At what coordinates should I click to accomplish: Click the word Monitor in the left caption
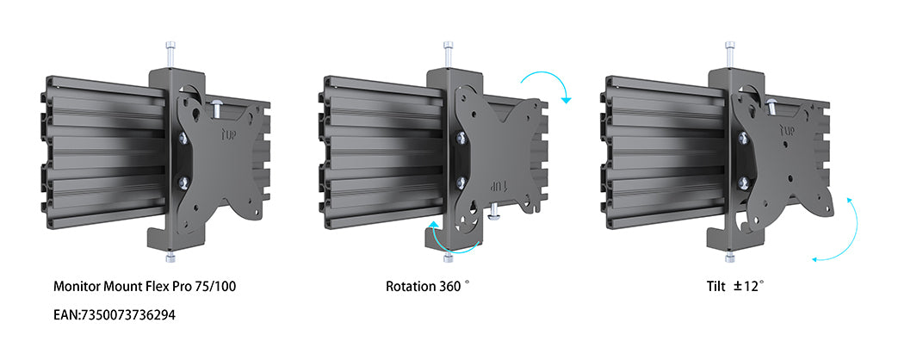pyautogui.click(x=72, y=286)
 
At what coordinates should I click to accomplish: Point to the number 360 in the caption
pyautogui.click(x=450, y=286)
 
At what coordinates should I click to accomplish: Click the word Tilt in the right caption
pyautogui.click(x=715, y=286)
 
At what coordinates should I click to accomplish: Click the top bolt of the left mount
pyautogui.click(x=170, y=55)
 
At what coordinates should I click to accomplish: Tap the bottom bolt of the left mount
pyautogui.click(x=170, y=256)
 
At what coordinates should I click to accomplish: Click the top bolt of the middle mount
pyautogui.click(x=448, y=55)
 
